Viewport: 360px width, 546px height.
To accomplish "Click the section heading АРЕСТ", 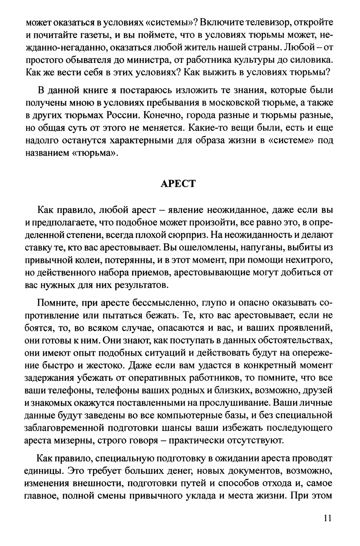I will (x=177, y=183).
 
